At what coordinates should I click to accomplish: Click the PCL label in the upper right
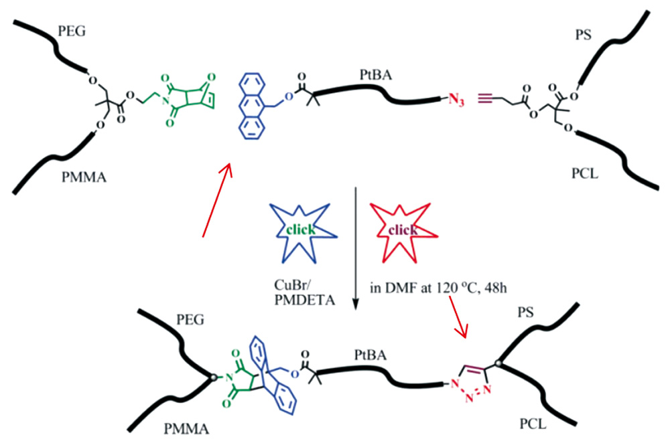coord(582,175)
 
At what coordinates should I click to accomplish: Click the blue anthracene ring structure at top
coord(254,108)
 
